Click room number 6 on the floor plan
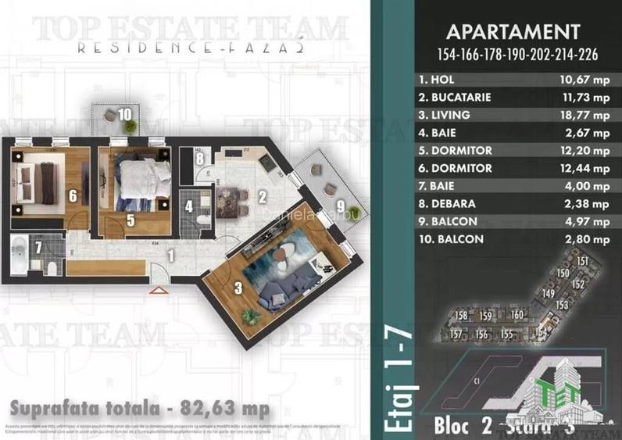(73, 196)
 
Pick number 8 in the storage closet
(200, 159)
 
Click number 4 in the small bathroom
(189, 209)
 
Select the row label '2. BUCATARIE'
(456, 97)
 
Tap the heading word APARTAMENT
(512, 33)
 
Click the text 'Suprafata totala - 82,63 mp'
(139, 408)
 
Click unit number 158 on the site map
(461, 316)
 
